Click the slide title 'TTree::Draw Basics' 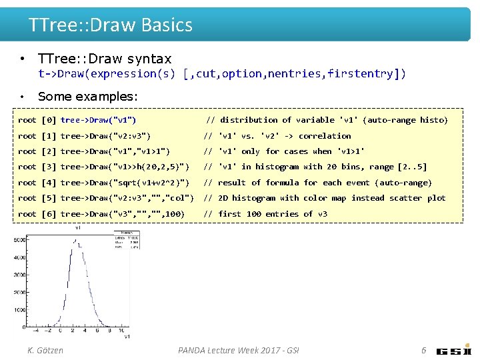tap(111, 25)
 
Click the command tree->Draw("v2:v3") tap(105, 136)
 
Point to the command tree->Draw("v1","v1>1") tap(115, 151)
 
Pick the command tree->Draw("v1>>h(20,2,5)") tap(125, 167)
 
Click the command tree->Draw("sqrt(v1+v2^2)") tap(125, 183)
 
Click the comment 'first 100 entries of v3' tap(273, 214)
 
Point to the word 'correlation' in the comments tap(325, 136)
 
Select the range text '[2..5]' tap(412, 167)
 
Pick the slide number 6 tap(423, 350)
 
